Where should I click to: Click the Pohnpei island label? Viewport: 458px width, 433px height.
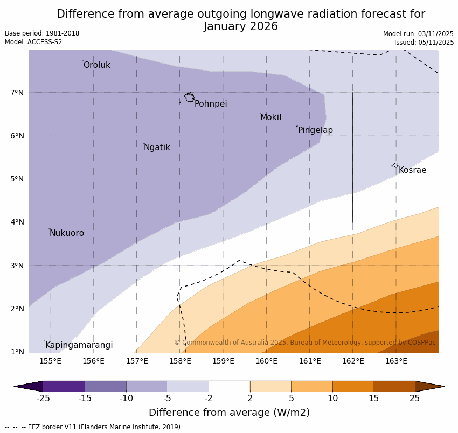tap(211, 104)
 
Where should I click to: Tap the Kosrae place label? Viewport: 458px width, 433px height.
tap(412, 170)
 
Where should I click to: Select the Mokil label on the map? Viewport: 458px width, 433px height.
tap(270, 117)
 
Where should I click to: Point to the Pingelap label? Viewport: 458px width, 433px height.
tap(315, 130)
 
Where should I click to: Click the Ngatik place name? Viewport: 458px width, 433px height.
tap(157, 148)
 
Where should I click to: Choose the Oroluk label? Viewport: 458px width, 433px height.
tap(96, 65)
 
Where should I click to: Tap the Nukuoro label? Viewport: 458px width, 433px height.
tap(67, 233)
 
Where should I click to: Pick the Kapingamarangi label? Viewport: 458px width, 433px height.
tap(79, 345)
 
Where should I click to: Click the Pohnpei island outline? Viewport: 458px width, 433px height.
tap(189, 97)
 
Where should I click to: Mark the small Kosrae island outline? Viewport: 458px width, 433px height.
tap(395, 165)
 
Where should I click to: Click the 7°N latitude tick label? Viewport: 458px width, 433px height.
tap(17, 93)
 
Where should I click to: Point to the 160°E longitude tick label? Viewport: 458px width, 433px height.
tap(266, 361)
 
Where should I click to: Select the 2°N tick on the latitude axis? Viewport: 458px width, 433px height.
tap(17, 309)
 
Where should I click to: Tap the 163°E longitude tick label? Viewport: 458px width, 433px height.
tap(396, 361)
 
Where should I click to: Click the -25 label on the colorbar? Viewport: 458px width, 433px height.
tap(43, 399)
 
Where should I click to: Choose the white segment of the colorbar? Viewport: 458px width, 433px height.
tap(229, 386)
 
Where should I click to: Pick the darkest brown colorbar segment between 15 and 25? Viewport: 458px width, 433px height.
tap(394, 386)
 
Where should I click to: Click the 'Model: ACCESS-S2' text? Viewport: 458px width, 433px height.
tap(33, 42)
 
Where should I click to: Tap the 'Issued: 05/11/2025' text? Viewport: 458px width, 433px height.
tap(424, 43)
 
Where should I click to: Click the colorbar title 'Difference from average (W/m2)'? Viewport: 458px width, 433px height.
tap(229, 413)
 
